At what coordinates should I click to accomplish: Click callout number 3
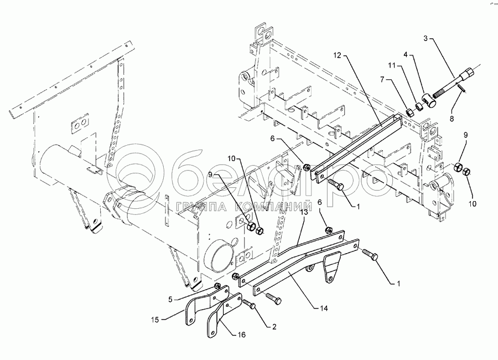tap(426, 39)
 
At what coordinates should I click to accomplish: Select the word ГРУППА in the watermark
tap(200, 208)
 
